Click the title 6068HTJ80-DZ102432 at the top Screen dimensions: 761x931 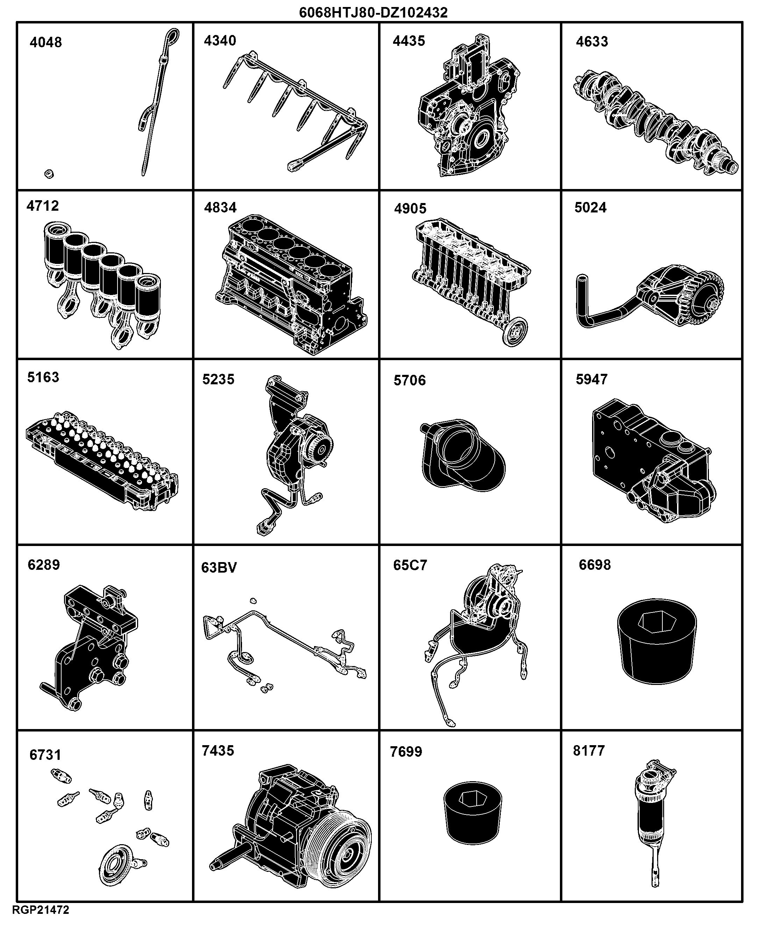click(x=373, y=12)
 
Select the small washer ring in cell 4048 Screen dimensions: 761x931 click(x=49, y=174)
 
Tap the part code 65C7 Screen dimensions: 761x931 click(x=410, y=565)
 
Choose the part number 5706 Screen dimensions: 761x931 click(x=410, y=380)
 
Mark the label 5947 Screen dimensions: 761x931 click(x=591, y=379)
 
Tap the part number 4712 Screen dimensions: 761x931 click(x=43, y=206)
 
